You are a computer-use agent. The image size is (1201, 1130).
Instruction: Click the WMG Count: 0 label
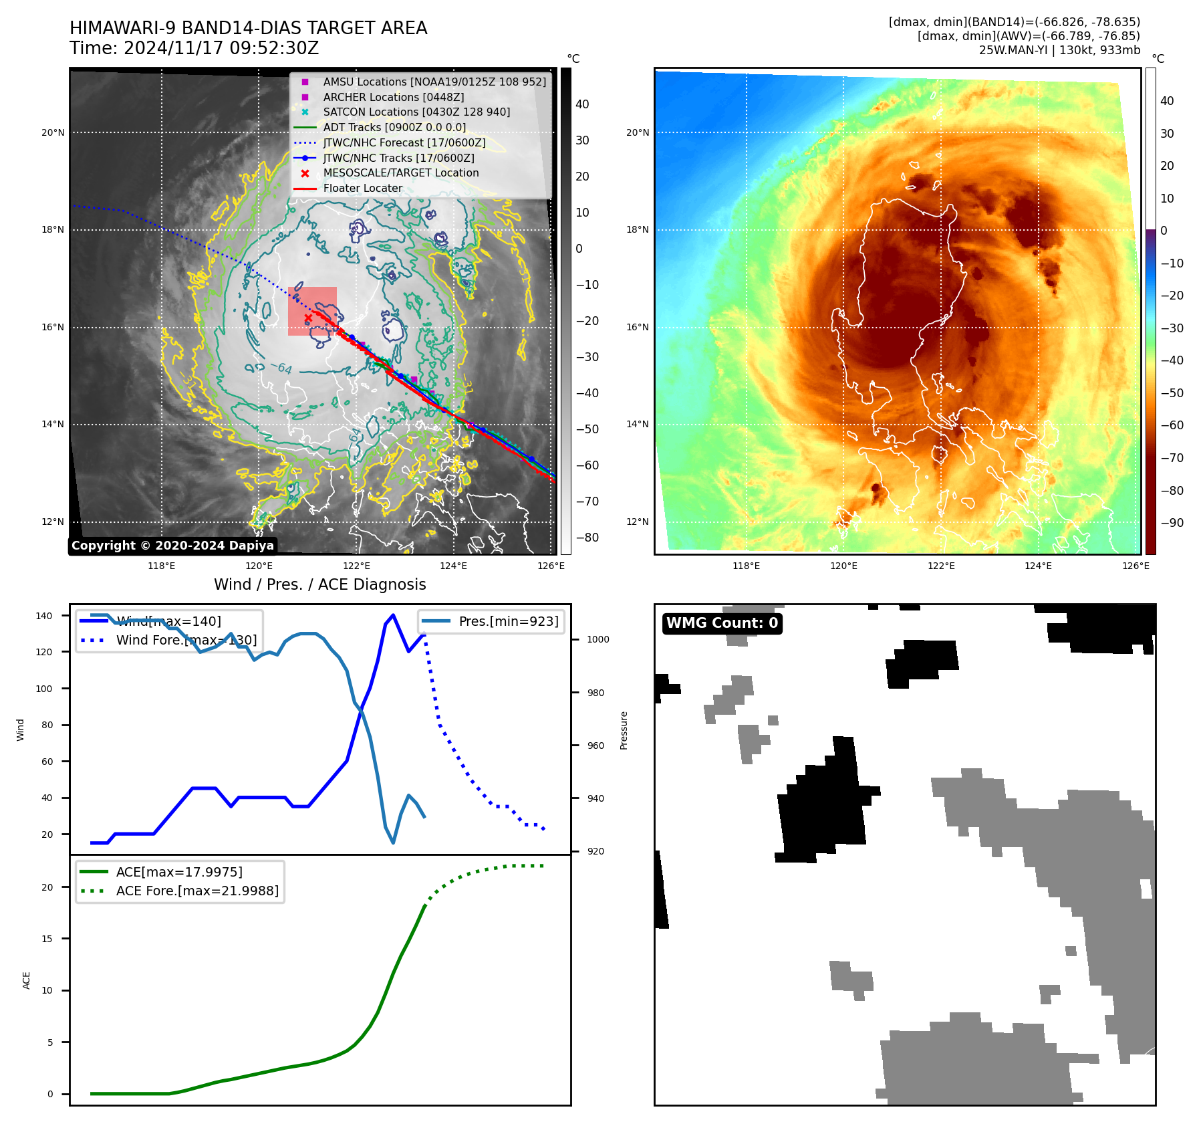click(x=722, y=623)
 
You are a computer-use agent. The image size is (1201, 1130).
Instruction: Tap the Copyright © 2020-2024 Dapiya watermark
click(x=172, y=546)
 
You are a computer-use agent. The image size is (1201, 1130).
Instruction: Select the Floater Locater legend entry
click(x=362, y=189)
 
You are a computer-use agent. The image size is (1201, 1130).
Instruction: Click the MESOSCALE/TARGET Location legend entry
click(x=400, y=173)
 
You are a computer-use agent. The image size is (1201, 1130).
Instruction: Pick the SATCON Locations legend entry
click(x=416, y=112)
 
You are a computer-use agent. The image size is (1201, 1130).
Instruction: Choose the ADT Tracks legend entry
click(x=394, y=127)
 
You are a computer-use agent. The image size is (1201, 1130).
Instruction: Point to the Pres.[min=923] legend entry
click(x=508, y=621)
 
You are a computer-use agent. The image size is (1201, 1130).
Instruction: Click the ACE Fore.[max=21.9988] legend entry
click(x=197, y=891)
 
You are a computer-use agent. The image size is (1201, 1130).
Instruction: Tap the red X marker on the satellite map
click(x=307, y=318)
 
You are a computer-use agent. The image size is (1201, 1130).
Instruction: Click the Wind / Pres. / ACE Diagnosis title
click(x=319, y=584)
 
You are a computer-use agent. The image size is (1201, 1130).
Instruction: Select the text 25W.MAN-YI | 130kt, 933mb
click(x=1059, y=50)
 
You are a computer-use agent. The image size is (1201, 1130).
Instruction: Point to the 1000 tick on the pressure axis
click(x=597, y=639)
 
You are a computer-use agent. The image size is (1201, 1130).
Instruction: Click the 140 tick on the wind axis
click(x=44, y=616)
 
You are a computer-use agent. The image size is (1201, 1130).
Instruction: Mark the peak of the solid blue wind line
click(x=393, y=615)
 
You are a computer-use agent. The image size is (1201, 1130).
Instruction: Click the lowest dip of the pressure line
click(x=393, y=842)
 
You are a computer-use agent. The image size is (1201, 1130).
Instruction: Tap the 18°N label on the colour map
click(x=637, y=230)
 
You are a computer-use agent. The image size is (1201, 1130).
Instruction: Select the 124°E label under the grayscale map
click(x=453, y=566)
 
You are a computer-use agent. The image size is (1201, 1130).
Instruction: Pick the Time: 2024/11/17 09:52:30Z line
click(x=194, y=49)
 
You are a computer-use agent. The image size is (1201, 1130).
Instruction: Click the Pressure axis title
click(x=624, y=730)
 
